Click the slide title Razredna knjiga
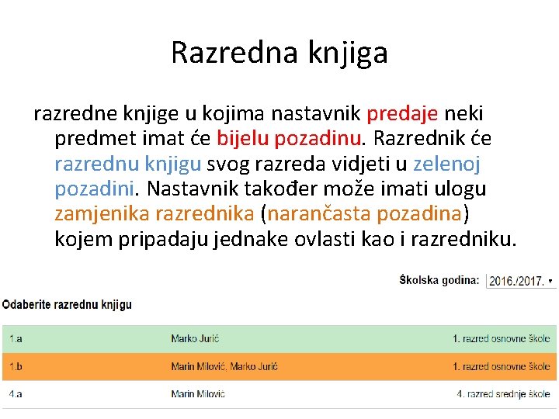(279, 53)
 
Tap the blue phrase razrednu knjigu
(128, 164)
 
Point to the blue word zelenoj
(447, 164)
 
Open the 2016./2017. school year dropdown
(520, 280)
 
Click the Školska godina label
(439, 279)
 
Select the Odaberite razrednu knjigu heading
(67, 305)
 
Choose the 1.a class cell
(16, 338)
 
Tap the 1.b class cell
(16, 366)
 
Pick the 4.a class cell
(16, 394)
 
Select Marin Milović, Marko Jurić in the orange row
(224, 366)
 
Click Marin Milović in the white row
(198, 394)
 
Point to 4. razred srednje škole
(503, 394)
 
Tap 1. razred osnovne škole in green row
(502, 338)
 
